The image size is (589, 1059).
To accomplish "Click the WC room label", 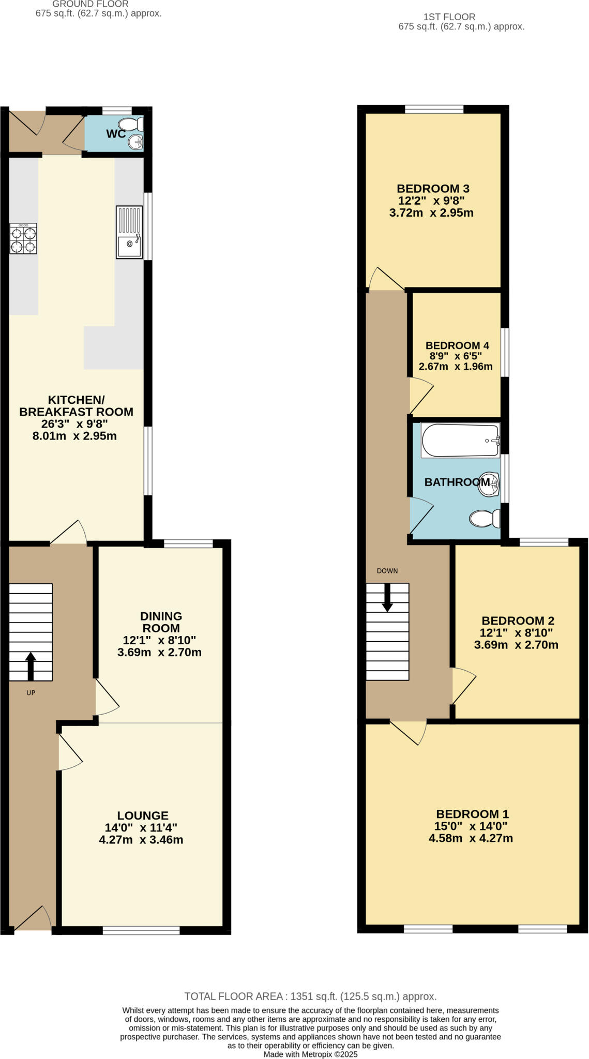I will tap(115, 134).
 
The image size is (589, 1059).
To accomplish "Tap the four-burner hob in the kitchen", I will tap(23, 238).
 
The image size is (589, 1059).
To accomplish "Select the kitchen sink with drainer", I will tap(129, 232).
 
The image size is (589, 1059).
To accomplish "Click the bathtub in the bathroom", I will tap(460, 440).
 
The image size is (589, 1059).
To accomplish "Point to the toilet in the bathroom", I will tap(485, 518).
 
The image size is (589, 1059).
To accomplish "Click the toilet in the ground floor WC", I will tap(130, 124).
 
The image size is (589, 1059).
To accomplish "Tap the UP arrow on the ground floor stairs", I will tap(31, 666).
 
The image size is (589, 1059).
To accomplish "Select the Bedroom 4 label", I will tap(457, 345).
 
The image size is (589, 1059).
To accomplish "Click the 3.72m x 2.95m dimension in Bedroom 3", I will tap(431, 213).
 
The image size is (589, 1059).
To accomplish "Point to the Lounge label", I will tap(142, 815).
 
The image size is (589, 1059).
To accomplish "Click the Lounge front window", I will tap(141, 930).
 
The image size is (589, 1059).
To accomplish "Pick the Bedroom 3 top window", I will tap(434, 109).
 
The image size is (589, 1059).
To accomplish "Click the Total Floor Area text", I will tap(310, 996).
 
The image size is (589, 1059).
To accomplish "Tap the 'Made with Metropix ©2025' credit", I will tap(310, 1054).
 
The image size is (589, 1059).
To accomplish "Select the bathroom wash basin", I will tap(489, 484).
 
